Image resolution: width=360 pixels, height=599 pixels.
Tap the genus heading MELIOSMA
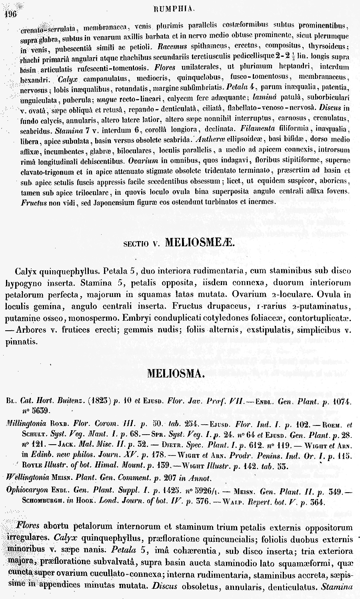click(x=176, y=374)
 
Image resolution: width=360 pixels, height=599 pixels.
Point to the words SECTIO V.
click(x=144, y=243)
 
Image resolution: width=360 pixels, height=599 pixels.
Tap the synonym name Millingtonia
click(x=22, y=422)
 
